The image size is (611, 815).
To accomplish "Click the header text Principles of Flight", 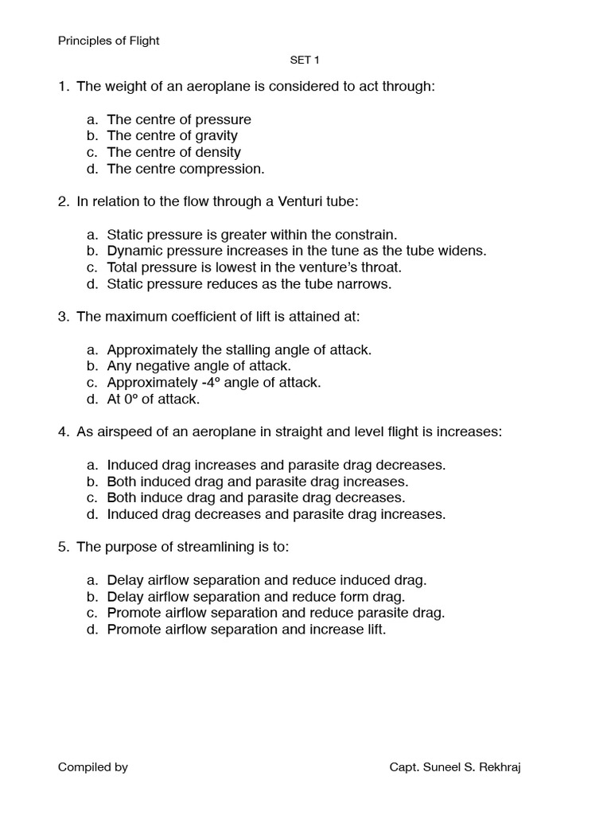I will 108,41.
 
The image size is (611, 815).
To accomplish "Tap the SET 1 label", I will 305,60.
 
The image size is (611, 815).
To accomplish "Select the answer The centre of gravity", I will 172,136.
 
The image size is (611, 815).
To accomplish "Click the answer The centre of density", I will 173,152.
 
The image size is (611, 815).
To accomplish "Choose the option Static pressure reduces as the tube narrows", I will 249,284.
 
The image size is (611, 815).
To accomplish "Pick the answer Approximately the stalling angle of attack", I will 239,349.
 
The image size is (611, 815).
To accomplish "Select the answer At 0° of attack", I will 153,400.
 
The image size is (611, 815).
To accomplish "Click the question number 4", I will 63,432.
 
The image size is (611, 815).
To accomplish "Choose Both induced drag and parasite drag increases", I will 257,482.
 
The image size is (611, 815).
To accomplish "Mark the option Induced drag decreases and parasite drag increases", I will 276,514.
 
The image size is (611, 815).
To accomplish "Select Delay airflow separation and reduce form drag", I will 255,597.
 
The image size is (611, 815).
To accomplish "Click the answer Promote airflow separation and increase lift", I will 246,630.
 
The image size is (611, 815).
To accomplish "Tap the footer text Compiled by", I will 93,767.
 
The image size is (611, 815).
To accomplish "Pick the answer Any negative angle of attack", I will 199,366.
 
